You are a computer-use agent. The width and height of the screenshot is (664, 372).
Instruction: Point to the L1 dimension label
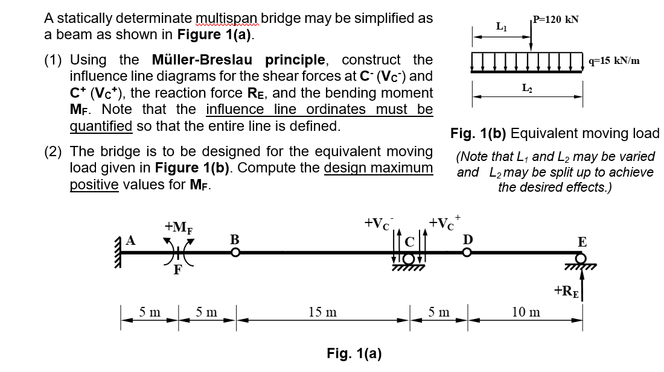500,27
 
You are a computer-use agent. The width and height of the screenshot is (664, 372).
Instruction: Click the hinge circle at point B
236,253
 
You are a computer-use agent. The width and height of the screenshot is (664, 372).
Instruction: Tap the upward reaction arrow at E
583,283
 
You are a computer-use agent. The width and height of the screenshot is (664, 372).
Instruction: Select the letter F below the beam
178,270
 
